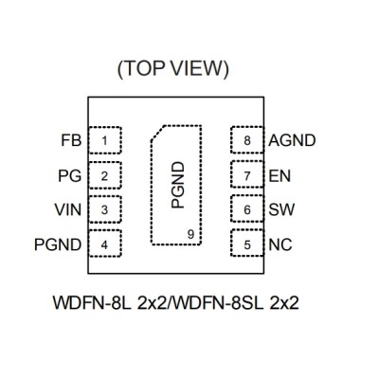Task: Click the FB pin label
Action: [71, 140]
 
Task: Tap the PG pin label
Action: [69, 175]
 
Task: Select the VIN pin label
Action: [68, 209]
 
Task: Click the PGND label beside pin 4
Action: [58, 244]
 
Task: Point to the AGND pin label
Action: [292, 140]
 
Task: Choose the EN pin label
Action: [280, 176]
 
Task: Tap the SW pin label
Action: [281, 209]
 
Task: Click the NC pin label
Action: [280, 244]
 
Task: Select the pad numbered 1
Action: [105, 140]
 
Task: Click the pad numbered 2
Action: [105, 175]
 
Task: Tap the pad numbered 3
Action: [105, 209]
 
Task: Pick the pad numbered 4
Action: [105, 244]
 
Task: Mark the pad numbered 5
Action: [247, 244]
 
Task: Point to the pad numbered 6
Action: [247, 208]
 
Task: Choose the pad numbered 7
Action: [247, 174]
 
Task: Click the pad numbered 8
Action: [247, 140]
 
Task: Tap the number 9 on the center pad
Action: [190, 235]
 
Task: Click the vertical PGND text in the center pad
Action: [177, 185]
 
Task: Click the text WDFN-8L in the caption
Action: [92, 303]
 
